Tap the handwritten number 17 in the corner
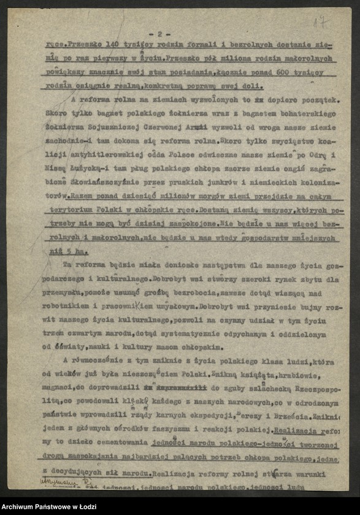pyautogui.click(x=320, y=23)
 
